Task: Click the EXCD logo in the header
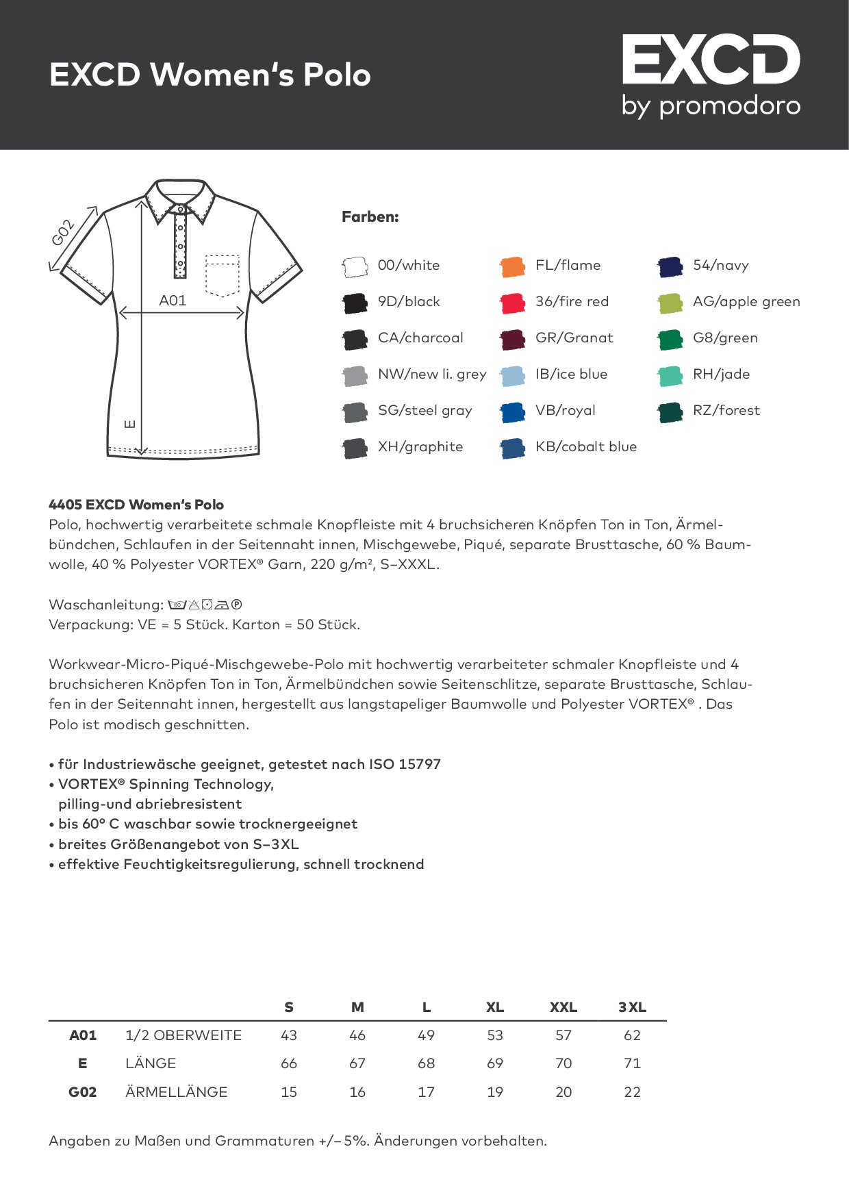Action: pyautogui.click(x=711, y=75)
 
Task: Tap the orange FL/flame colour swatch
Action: pyautogui.click(x=512, y=266)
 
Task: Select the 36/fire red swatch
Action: pyautogui.click(x=512, y=303)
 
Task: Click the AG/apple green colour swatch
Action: pyautogui.click(x=670, y=303)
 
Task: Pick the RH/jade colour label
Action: pyautogui.click(x=721, y=375)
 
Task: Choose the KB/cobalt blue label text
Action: pyautogui.click(x=585, y=447)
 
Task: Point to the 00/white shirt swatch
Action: pyautogui.click(x=355, y=266)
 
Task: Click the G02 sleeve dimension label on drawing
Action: pyautogui.click(x=62, y=233)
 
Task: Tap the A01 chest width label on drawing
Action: pyautogui.click(x=173, y=301)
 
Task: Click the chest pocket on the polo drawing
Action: pyautogui.click(x=223, y=275)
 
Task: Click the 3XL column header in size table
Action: pyautogui.click(x=632, y=1007)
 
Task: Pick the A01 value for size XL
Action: pyautogui.click(x=495, y=1035)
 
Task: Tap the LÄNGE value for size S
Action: pyautogui.click(x=289, y=1063)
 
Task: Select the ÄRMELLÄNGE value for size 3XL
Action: pyautogui.click(x=632, y=1092)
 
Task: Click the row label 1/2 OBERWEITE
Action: pyautogui.click(x=183, y=1035)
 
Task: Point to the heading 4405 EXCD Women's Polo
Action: pyautogui.click(x=136, y=505)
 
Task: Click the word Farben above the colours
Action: pyautogui.click(x=370, y=217)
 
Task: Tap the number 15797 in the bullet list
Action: pyautogui.click(x=420, y=764)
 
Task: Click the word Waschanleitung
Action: pyautogui.click(x=105, y=605)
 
